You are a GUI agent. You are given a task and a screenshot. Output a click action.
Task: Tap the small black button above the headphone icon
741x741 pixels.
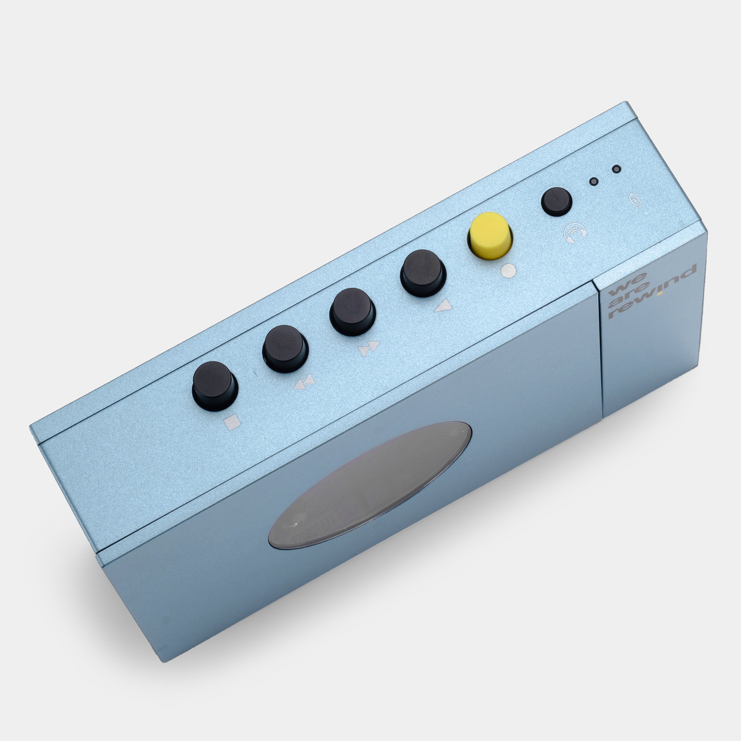pyautogui.click(x=556, y=201)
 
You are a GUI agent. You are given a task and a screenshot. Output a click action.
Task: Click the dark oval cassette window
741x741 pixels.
pyautogui.click(x=370, y=484)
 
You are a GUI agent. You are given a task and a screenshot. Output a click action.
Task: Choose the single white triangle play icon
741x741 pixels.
pyautogui.click(x=444, y=306)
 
